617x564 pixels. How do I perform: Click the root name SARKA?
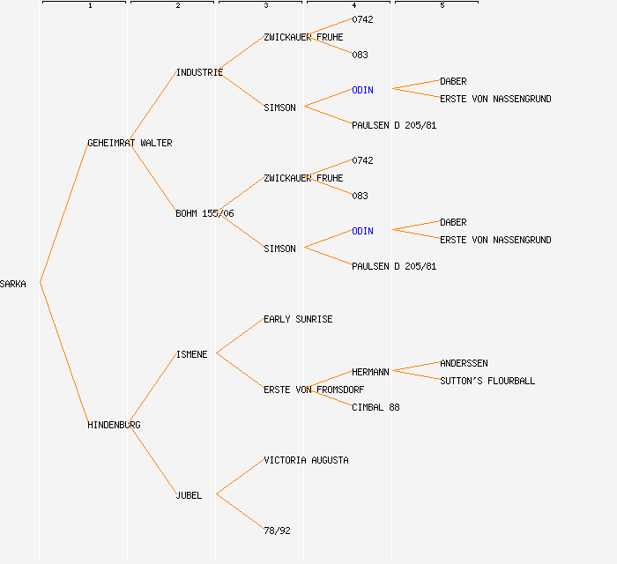[x=13, y=284]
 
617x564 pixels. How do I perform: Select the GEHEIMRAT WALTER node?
[x=130, y=143]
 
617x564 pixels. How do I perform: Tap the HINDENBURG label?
[x=114, y=425]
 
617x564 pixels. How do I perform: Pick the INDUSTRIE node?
[x=199, y=72]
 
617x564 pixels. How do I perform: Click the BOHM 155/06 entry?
[x=204, y=213]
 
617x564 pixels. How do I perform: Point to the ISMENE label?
[x=191, y=354]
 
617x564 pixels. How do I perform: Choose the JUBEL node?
[x=189, y=495]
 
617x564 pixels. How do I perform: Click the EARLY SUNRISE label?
[x=298, y=319]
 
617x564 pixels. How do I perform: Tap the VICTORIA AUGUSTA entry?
[x=306, y=460]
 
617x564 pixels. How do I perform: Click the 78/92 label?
[x=277, y=531]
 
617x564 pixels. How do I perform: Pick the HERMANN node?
[x=370, y=372]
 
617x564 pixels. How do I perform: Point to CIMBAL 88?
[x=375, y=407]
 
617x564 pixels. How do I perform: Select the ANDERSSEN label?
[x=464, y=363]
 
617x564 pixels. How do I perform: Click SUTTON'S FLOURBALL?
[x=487, y=381]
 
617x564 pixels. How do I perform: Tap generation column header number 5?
[x=442, y=6]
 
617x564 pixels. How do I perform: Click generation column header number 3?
[x=265, y=6]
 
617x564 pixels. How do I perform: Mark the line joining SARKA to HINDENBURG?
[x=63, y=354]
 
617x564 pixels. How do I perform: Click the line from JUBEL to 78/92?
[x=239, y=512]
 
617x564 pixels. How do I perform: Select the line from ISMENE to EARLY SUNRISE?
[x=239, y=337]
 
